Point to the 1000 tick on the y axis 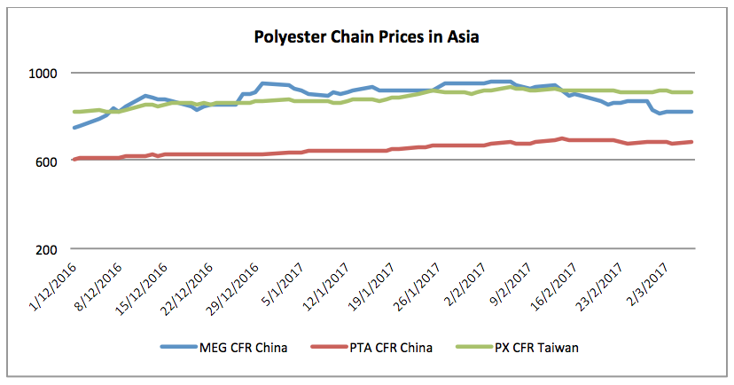(x=47, y=73)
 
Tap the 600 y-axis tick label (x=51, y=161)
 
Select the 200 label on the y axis (x=51, y=248)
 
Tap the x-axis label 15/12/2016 (x=144, y=283)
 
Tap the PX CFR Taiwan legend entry (x=528, y=348)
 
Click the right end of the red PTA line (x=691, y=142)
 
